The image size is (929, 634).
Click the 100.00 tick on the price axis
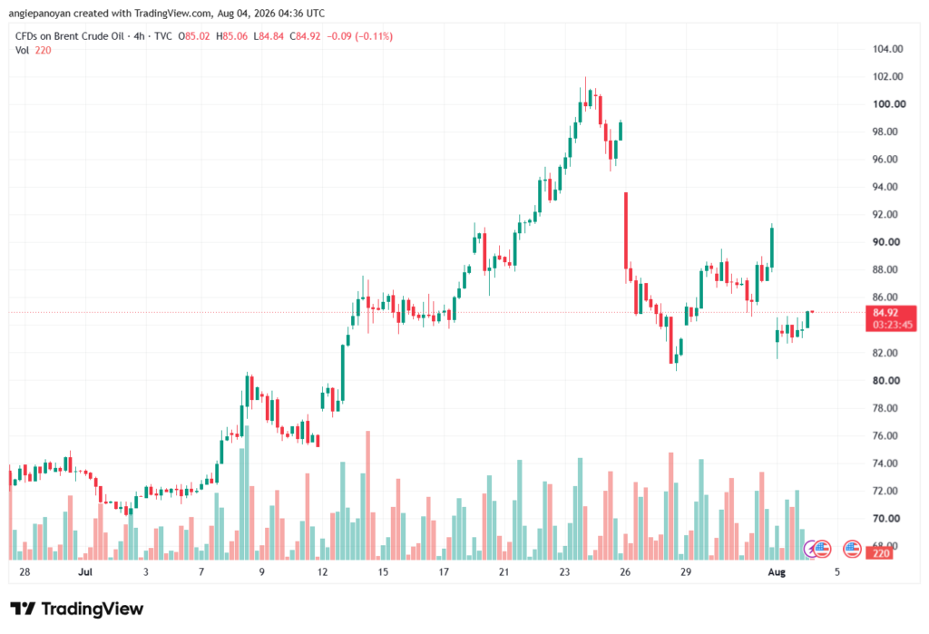coord(889,104)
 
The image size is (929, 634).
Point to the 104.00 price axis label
coord(887,49)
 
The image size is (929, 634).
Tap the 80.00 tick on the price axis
coord(885,380)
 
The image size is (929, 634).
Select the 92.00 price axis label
coord(885,214)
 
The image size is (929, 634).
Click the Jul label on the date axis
coord(85,571)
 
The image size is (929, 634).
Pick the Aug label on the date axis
coord(777,571)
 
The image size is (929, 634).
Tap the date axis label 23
coord(564,571)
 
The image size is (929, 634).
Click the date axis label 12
coord(322,571)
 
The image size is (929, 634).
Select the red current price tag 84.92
coord(885,313)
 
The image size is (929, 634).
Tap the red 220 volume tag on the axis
coord(881,553)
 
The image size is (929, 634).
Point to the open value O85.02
coord(194,36)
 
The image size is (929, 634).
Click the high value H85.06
coord(231,36)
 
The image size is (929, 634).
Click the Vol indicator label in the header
coord(22,51)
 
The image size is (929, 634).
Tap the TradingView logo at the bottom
coord(76,609)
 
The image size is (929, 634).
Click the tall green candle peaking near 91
coord(771,247)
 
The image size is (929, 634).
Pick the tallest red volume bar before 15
coord(368,495)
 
